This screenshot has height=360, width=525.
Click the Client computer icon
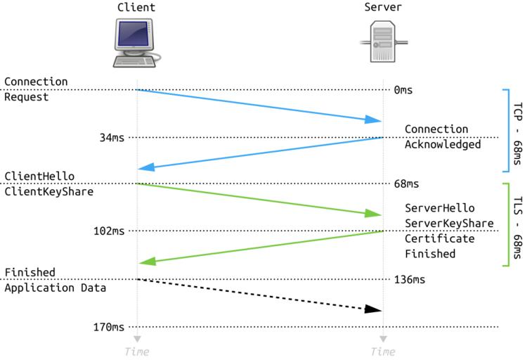pos(137,43)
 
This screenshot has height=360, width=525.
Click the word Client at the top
pos(137,8)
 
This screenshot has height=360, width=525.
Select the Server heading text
pos(383,8)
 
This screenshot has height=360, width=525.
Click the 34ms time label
pos(111,137)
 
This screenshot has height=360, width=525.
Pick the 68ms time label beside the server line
pos(406,184)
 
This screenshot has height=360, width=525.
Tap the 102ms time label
pos(108,231)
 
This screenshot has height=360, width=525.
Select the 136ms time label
pos(409,279)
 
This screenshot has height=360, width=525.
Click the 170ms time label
pos(108,327)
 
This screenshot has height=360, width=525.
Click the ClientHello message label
pos(39,176)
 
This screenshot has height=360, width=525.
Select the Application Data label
pos(56,288)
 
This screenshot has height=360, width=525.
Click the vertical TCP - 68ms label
pos(517,131)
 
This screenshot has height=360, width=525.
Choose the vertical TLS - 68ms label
pos(517,225)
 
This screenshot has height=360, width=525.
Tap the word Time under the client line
pos(136,351)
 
